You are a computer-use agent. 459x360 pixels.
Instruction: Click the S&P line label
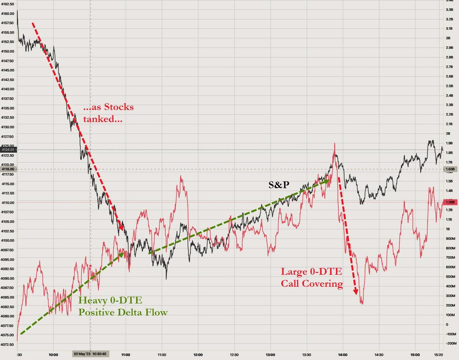[x=279, y=185]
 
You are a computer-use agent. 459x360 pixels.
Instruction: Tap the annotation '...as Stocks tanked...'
[x=108, y=113]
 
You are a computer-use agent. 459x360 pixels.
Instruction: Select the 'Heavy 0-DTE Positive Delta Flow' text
[x=123, y=306]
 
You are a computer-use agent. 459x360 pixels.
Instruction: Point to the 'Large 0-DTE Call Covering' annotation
[x=312, y=277]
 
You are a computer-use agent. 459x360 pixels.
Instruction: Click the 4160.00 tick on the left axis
[x=8, y=14]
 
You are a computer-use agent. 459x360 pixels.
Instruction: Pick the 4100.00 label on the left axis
[x=8, y=240]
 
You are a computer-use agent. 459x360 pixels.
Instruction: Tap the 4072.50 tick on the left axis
[x=8, y=345]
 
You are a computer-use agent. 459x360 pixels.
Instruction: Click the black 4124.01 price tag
[x=8, y=149]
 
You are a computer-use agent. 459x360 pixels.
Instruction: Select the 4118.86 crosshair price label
[x=8, y=169]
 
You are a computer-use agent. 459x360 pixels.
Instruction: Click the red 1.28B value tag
[x=450, y=202]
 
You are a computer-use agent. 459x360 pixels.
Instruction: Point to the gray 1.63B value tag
[x=450, y=169]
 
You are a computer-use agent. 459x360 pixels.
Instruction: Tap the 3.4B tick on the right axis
[x=449, y=0]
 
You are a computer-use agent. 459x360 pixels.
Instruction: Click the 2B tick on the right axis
[x=448, y=134]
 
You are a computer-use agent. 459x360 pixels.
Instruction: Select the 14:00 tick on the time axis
[x=343, y=355]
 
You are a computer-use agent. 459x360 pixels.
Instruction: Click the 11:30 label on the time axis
[x=162, y=355]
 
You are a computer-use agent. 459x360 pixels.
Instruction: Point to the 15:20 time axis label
[x=438, y=355]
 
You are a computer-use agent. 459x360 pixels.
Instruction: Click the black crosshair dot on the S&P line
[x=90, y=169]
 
